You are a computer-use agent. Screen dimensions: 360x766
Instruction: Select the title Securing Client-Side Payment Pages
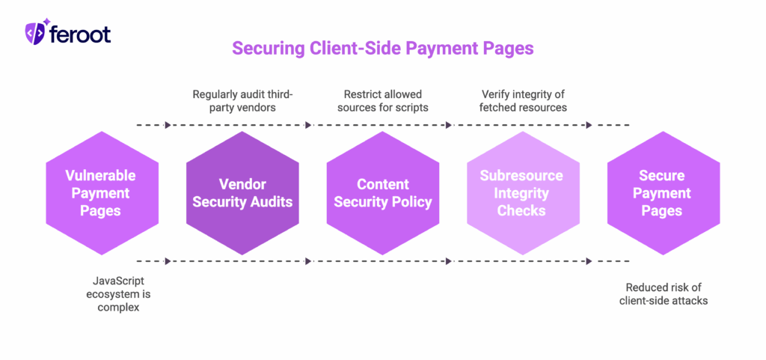[382, 49]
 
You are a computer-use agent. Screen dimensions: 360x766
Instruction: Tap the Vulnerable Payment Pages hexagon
[101, 193]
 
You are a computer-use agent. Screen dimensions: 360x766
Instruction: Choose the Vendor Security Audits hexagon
[242, 193]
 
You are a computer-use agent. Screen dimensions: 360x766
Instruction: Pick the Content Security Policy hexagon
[382, 193]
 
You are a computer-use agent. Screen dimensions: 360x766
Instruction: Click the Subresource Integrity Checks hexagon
[522, 193]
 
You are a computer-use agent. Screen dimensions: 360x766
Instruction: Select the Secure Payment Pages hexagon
[662, 193]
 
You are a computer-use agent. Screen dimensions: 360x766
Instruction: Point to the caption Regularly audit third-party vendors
[242, 101]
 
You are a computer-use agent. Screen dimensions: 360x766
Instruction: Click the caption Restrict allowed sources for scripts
[382, 101]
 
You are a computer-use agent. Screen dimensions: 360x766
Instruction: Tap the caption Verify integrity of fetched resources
[524, 101]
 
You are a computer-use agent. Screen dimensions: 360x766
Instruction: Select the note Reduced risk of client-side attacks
[664, 294]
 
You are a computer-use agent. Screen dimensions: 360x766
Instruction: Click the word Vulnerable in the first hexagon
[101, 176]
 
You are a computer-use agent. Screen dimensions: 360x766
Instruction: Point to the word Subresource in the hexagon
[522, 176]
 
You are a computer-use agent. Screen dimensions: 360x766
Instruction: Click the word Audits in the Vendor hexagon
[269, 202]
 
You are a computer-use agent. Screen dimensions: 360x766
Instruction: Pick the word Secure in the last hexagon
[662, 176]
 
